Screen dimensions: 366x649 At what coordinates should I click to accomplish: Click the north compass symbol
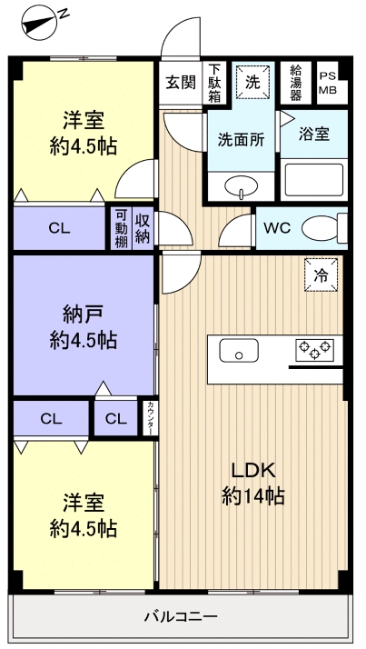39,23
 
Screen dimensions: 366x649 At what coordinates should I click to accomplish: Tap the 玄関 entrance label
181,84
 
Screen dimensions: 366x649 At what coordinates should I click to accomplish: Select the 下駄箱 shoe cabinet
214,84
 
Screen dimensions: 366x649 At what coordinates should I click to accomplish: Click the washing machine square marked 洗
252,83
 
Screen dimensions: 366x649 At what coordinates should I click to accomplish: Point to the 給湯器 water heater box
296,83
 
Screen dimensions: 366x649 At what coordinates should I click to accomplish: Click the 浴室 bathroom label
314,135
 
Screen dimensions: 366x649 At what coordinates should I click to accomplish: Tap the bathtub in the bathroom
314,180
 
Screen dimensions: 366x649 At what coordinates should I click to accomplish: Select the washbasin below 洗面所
241,186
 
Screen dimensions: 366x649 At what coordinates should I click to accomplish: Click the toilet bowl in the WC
324,228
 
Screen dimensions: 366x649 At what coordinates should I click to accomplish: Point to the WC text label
277,228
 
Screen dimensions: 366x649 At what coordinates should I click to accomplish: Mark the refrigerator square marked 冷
321,275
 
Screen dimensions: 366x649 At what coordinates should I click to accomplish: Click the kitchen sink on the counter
239,350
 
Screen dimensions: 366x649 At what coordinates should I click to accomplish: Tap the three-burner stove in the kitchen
315,350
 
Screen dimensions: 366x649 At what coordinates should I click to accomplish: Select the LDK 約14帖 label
253,484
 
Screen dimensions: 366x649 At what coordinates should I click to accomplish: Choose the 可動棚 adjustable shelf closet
121,228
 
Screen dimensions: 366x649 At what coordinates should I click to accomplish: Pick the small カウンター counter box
151,418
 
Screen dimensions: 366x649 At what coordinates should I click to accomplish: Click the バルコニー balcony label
181,617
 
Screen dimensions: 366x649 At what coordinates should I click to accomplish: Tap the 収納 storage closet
143,228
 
